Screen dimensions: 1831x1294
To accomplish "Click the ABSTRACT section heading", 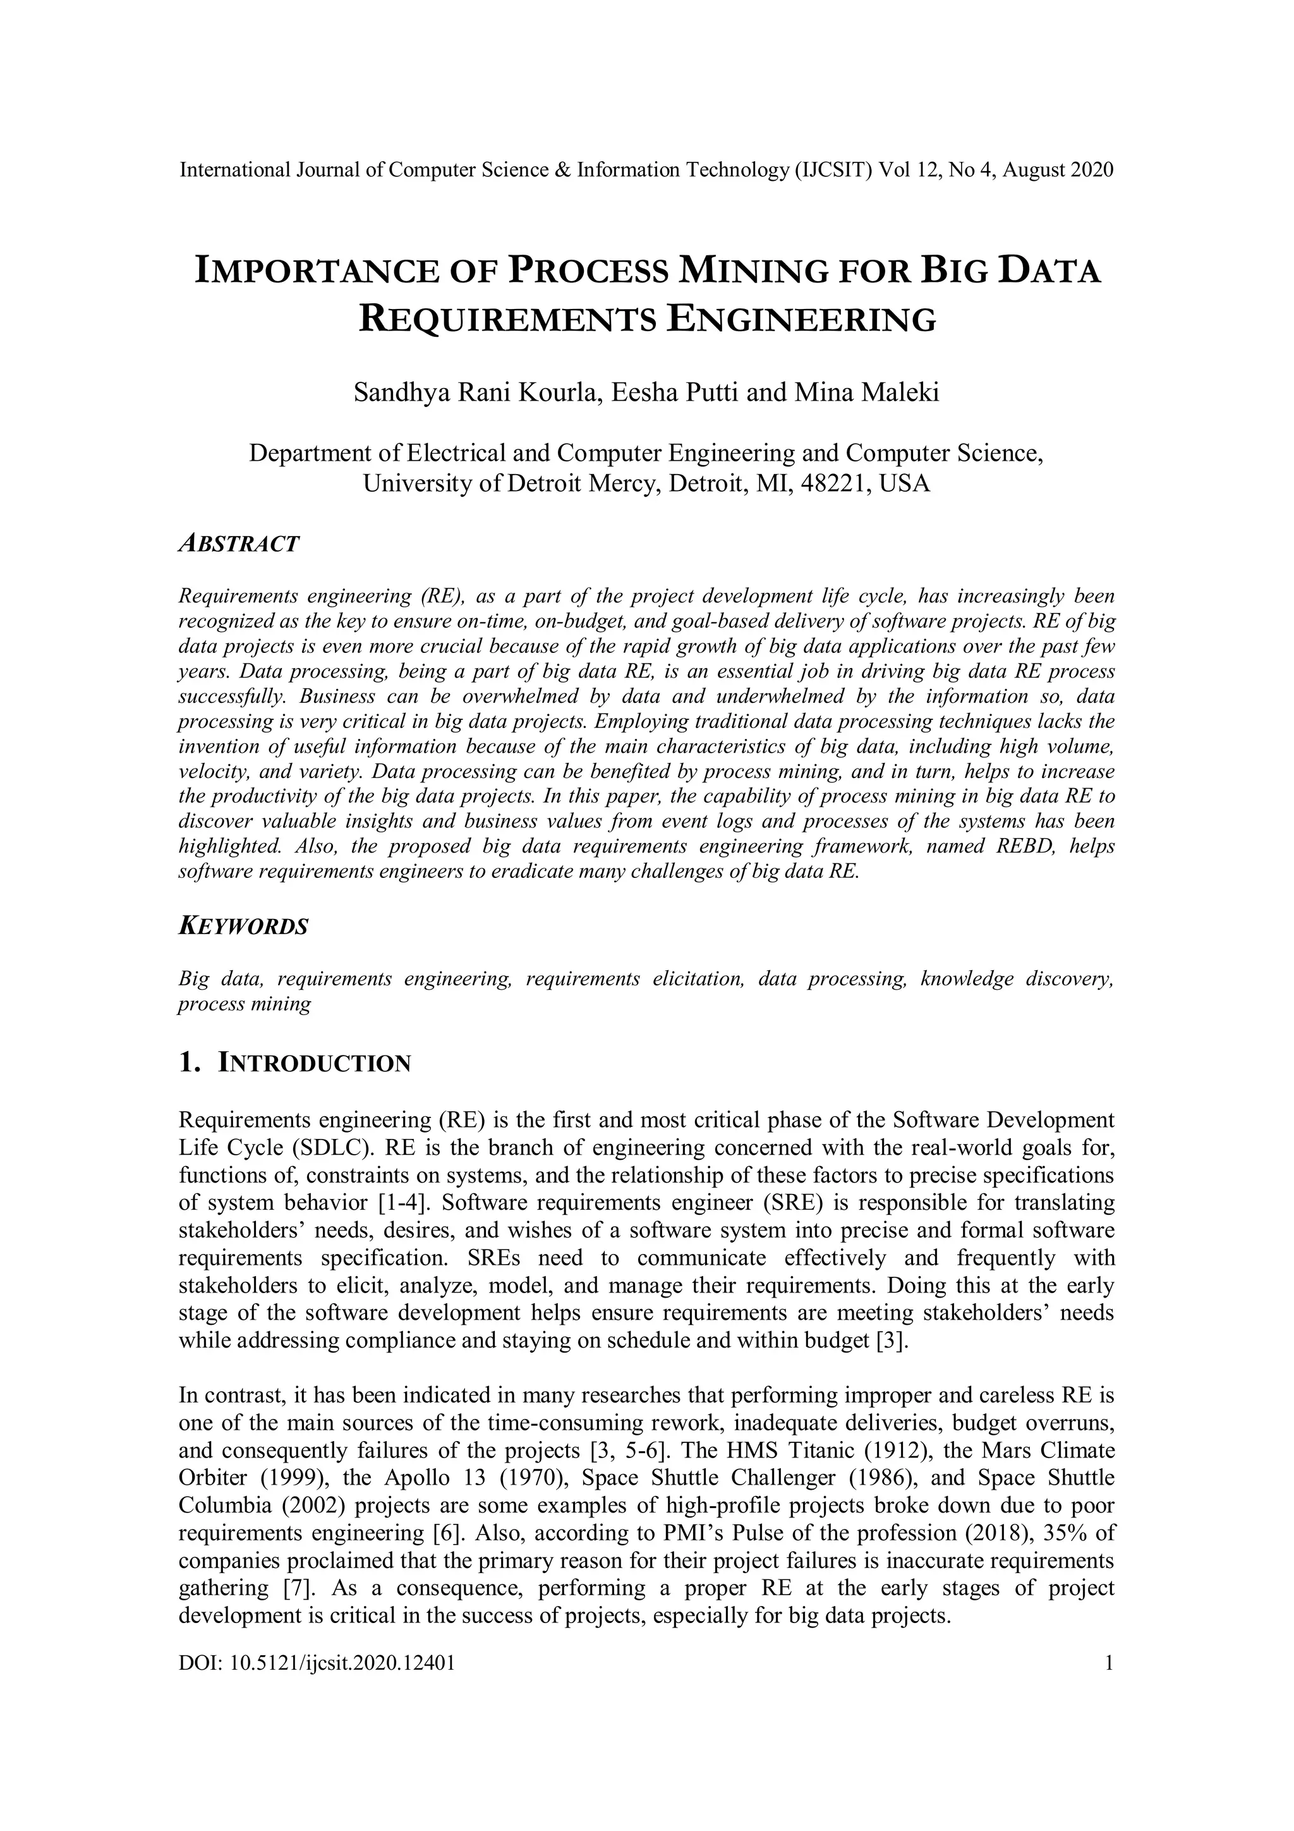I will [x=238, y=544].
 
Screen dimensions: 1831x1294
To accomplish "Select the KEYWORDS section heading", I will [x=243, y=927].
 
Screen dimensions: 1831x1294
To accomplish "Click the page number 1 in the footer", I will [x=1108, y=1663].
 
